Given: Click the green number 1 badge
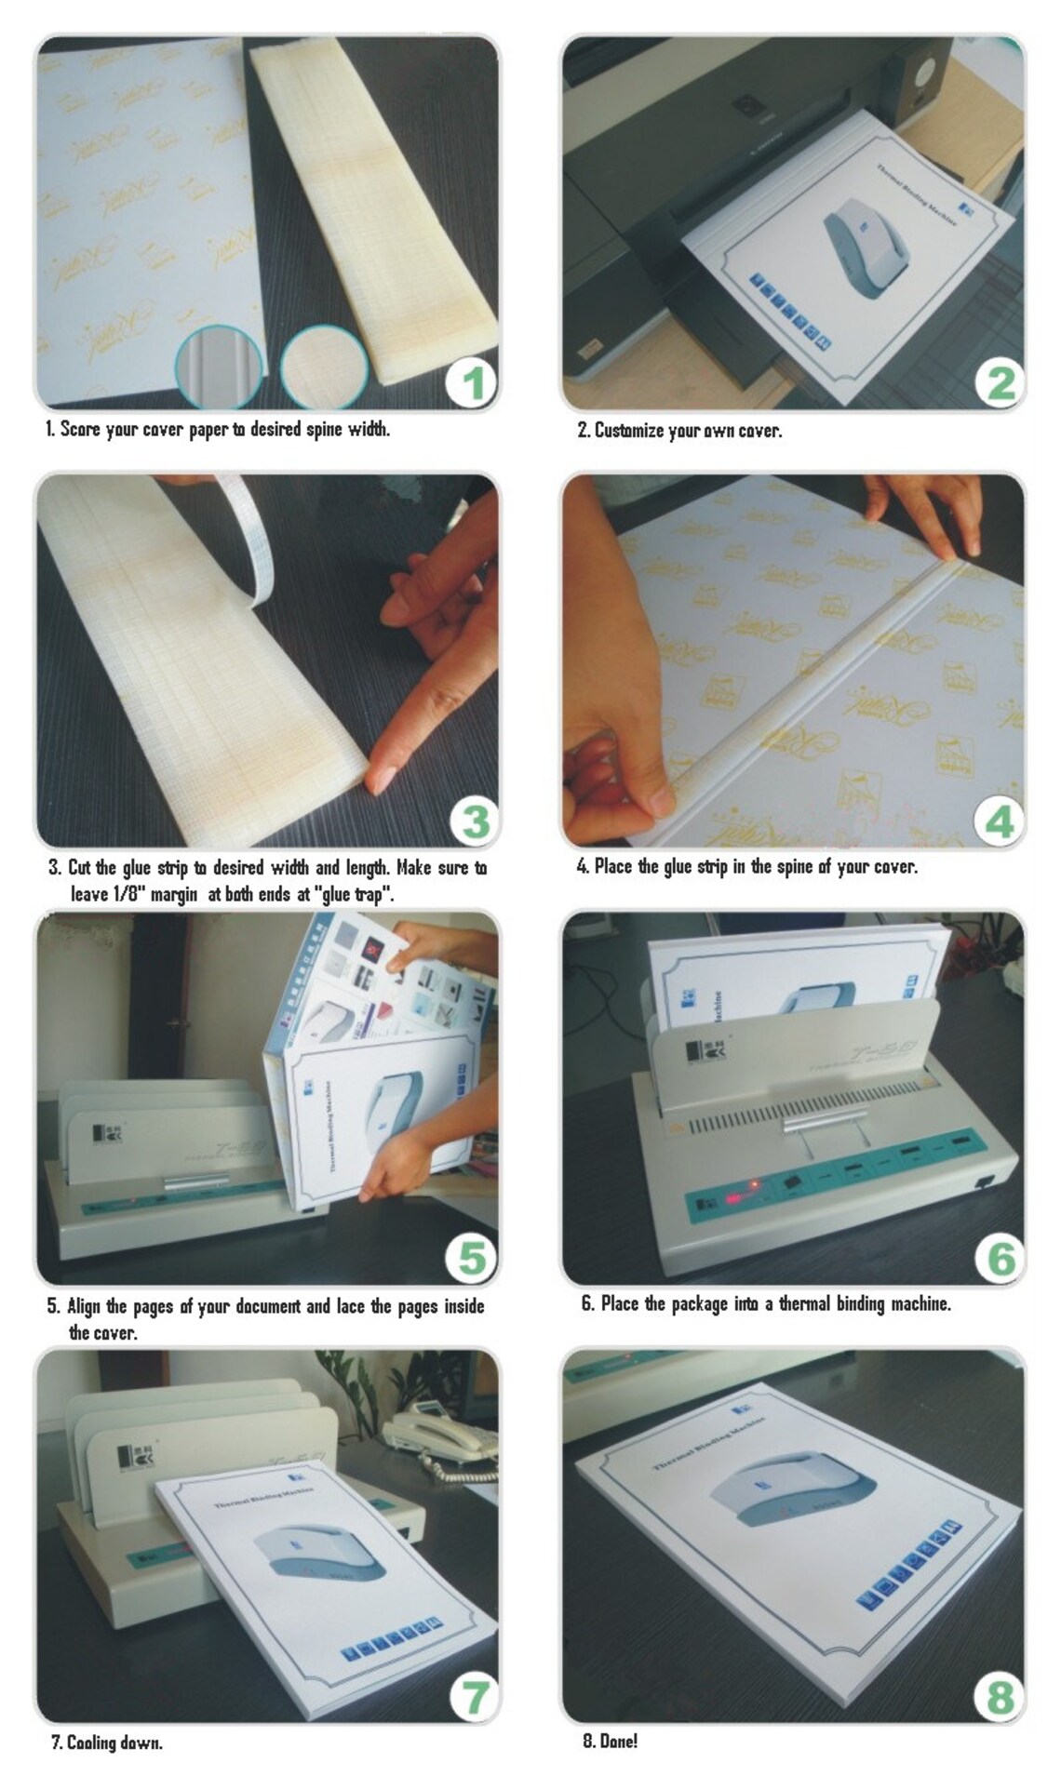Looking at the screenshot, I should [472, 382].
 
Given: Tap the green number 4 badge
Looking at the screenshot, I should [999, 821].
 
